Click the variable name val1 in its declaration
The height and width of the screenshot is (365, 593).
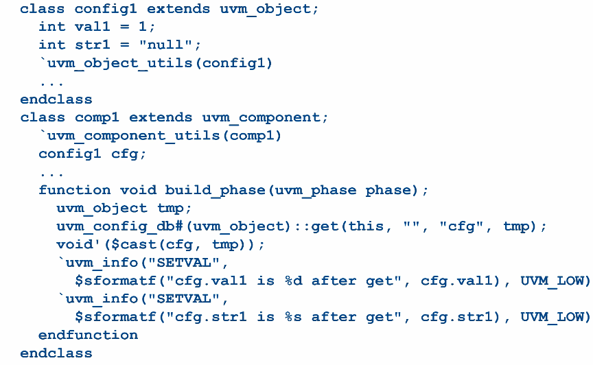click(x=93, y=27)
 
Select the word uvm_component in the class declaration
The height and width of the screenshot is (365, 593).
click(x=260, y=117)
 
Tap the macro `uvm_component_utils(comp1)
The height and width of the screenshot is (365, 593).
click(x=160, y=136)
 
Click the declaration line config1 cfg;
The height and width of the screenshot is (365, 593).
click(x=93, y=154)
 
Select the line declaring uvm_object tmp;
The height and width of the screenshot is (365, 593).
click(x=124, y=208)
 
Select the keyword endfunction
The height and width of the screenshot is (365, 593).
click(x=88, y=335)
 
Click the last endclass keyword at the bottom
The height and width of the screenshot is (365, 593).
click(x=56, y=353)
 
